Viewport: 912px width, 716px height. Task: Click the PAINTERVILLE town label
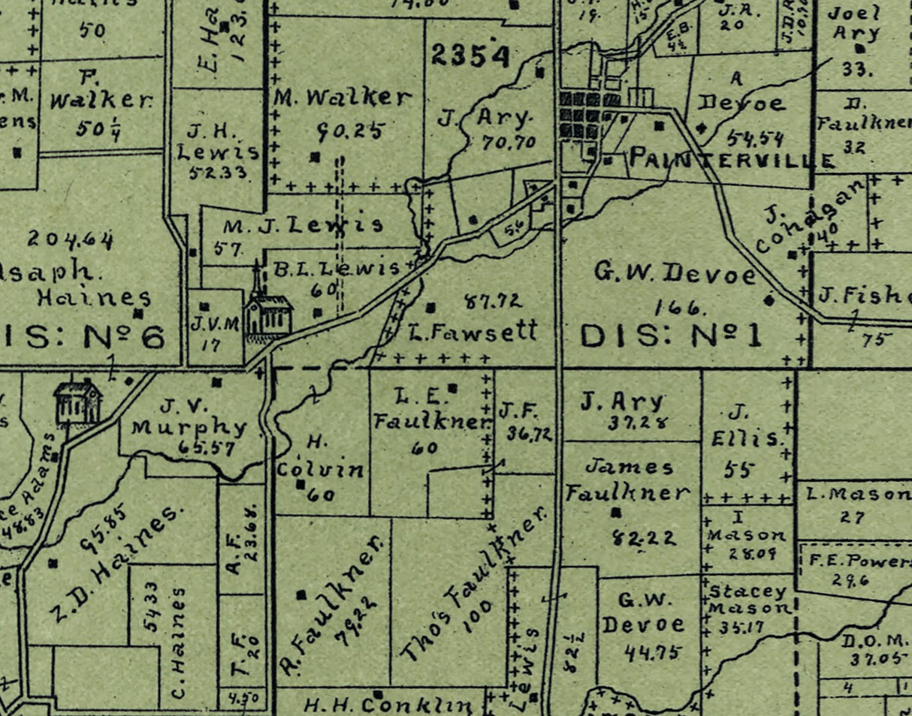coord(731,159)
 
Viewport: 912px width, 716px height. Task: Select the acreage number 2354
coord(470,56)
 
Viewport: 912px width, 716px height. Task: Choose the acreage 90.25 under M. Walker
coord(349,131)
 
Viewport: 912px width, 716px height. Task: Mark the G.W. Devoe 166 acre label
coord(675,275)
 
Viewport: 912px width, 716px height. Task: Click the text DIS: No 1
coord(671,335)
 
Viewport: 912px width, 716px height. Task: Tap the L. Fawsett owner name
coord(473,330)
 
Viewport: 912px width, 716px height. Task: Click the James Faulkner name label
coord(627,480)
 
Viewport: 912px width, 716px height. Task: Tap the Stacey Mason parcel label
coord(750,599)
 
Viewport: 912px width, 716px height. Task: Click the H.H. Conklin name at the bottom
coord(389,705)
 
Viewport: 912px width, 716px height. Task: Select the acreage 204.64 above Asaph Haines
coord(71,240)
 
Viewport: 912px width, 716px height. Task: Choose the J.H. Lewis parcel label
coord(212,143)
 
